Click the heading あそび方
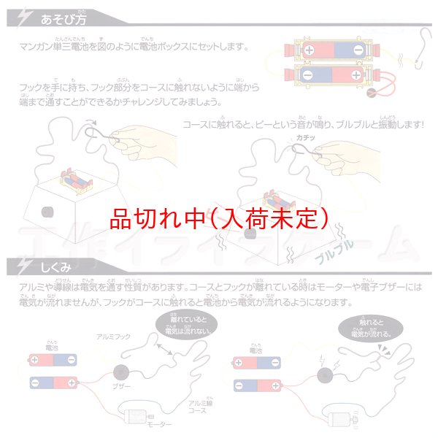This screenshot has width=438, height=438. pos(64,14)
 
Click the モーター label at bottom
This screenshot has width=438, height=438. pos(160,424)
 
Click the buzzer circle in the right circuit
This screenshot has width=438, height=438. pos(323,375)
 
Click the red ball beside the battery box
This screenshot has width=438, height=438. pos(372,93)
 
